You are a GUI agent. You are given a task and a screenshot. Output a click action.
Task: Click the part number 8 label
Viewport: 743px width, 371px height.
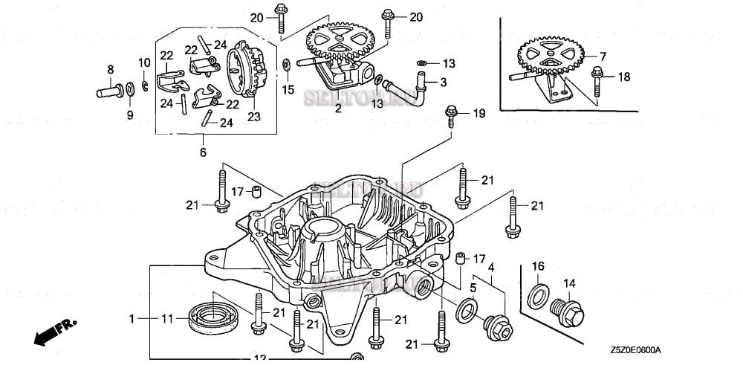pos(111,69)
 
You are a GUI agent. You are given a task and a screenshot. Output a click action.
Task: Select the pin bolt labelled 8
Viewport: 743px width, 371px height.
pos(109,92)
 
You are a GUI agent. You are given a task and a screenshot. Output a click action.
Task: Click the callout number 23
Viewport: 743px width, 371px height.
pos(255,116)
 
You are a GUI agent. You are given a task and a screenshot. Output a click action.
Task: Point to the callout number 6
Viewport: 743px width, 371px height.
pos(203,152)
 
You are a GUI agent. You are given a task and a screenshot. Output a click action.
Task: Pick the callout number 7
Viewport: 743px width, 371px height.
pos(603,56)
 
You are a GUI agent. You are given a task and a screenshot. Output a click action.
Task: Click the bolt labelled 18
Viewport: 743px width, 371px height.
pos(598,77)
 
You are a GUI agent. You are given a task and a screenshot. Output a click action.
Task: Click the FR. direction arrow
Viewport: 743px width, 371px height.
pos(54,329)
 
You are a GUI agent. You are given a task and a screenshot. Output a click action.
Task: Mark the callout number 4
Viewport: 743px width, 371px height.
pos(491,265)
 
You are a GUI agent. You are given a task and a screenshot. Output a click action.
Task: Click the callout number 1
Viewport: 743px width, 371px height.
pos(132,318)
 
